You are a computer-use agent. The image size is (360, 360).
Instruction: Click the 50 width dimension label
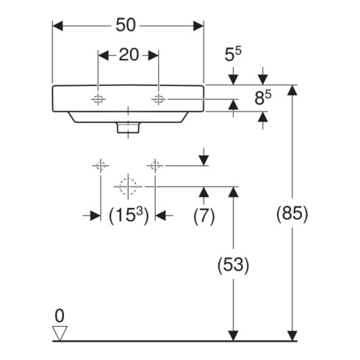(126, 25)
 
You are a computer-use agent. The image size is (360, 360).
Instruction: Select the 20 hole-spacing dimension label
(129, 55)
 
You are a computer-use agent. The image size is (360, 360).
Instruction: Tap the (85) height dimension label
(292, 214)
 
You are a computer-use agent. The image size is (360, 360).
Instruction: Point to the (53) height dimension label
(233, 265)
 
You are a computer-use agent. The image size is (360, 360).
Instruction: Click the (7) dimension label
(204, 216)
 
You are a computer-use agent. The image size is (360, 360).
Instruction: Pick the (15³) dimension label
(129, 215)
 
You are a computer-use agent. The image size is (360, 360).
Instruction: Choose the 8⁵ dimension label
(263, 98)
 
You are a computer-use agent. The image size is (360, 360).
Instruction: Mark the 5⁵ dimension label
(233, 54)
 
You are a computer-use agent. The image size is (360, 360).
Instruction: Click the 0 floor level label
(60, 316)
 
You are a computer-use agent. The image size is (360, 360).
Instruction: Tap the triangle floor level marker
(60, 333)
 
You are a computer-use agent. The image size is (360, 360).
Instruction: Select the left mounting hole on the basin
(98, 99)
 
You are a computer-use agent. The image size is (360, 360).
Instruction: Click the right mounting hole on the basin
(158, 99)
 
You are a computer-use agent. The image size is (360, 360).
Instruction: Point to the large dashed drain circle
(128, 187)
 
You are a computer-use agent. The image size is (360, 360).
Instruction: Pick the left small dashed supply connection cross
(101, 166)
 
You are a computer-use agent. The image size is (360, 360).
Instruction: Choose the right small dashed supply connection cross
(155, 166)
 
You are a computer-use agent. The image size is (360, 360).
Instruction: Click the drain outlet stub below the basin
(128, 128)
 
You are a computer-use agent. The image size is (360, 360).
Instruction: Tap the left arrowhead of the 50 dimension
(57, 26)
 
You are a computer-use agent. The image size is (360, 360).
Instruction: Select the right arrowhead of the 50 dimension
(198, 26)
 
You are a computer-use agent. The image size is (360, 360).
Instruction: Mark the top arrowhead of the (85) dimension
(292, 90)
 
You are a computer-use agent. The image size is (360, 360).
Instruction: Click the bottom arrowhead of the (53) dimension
(233, 336)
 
